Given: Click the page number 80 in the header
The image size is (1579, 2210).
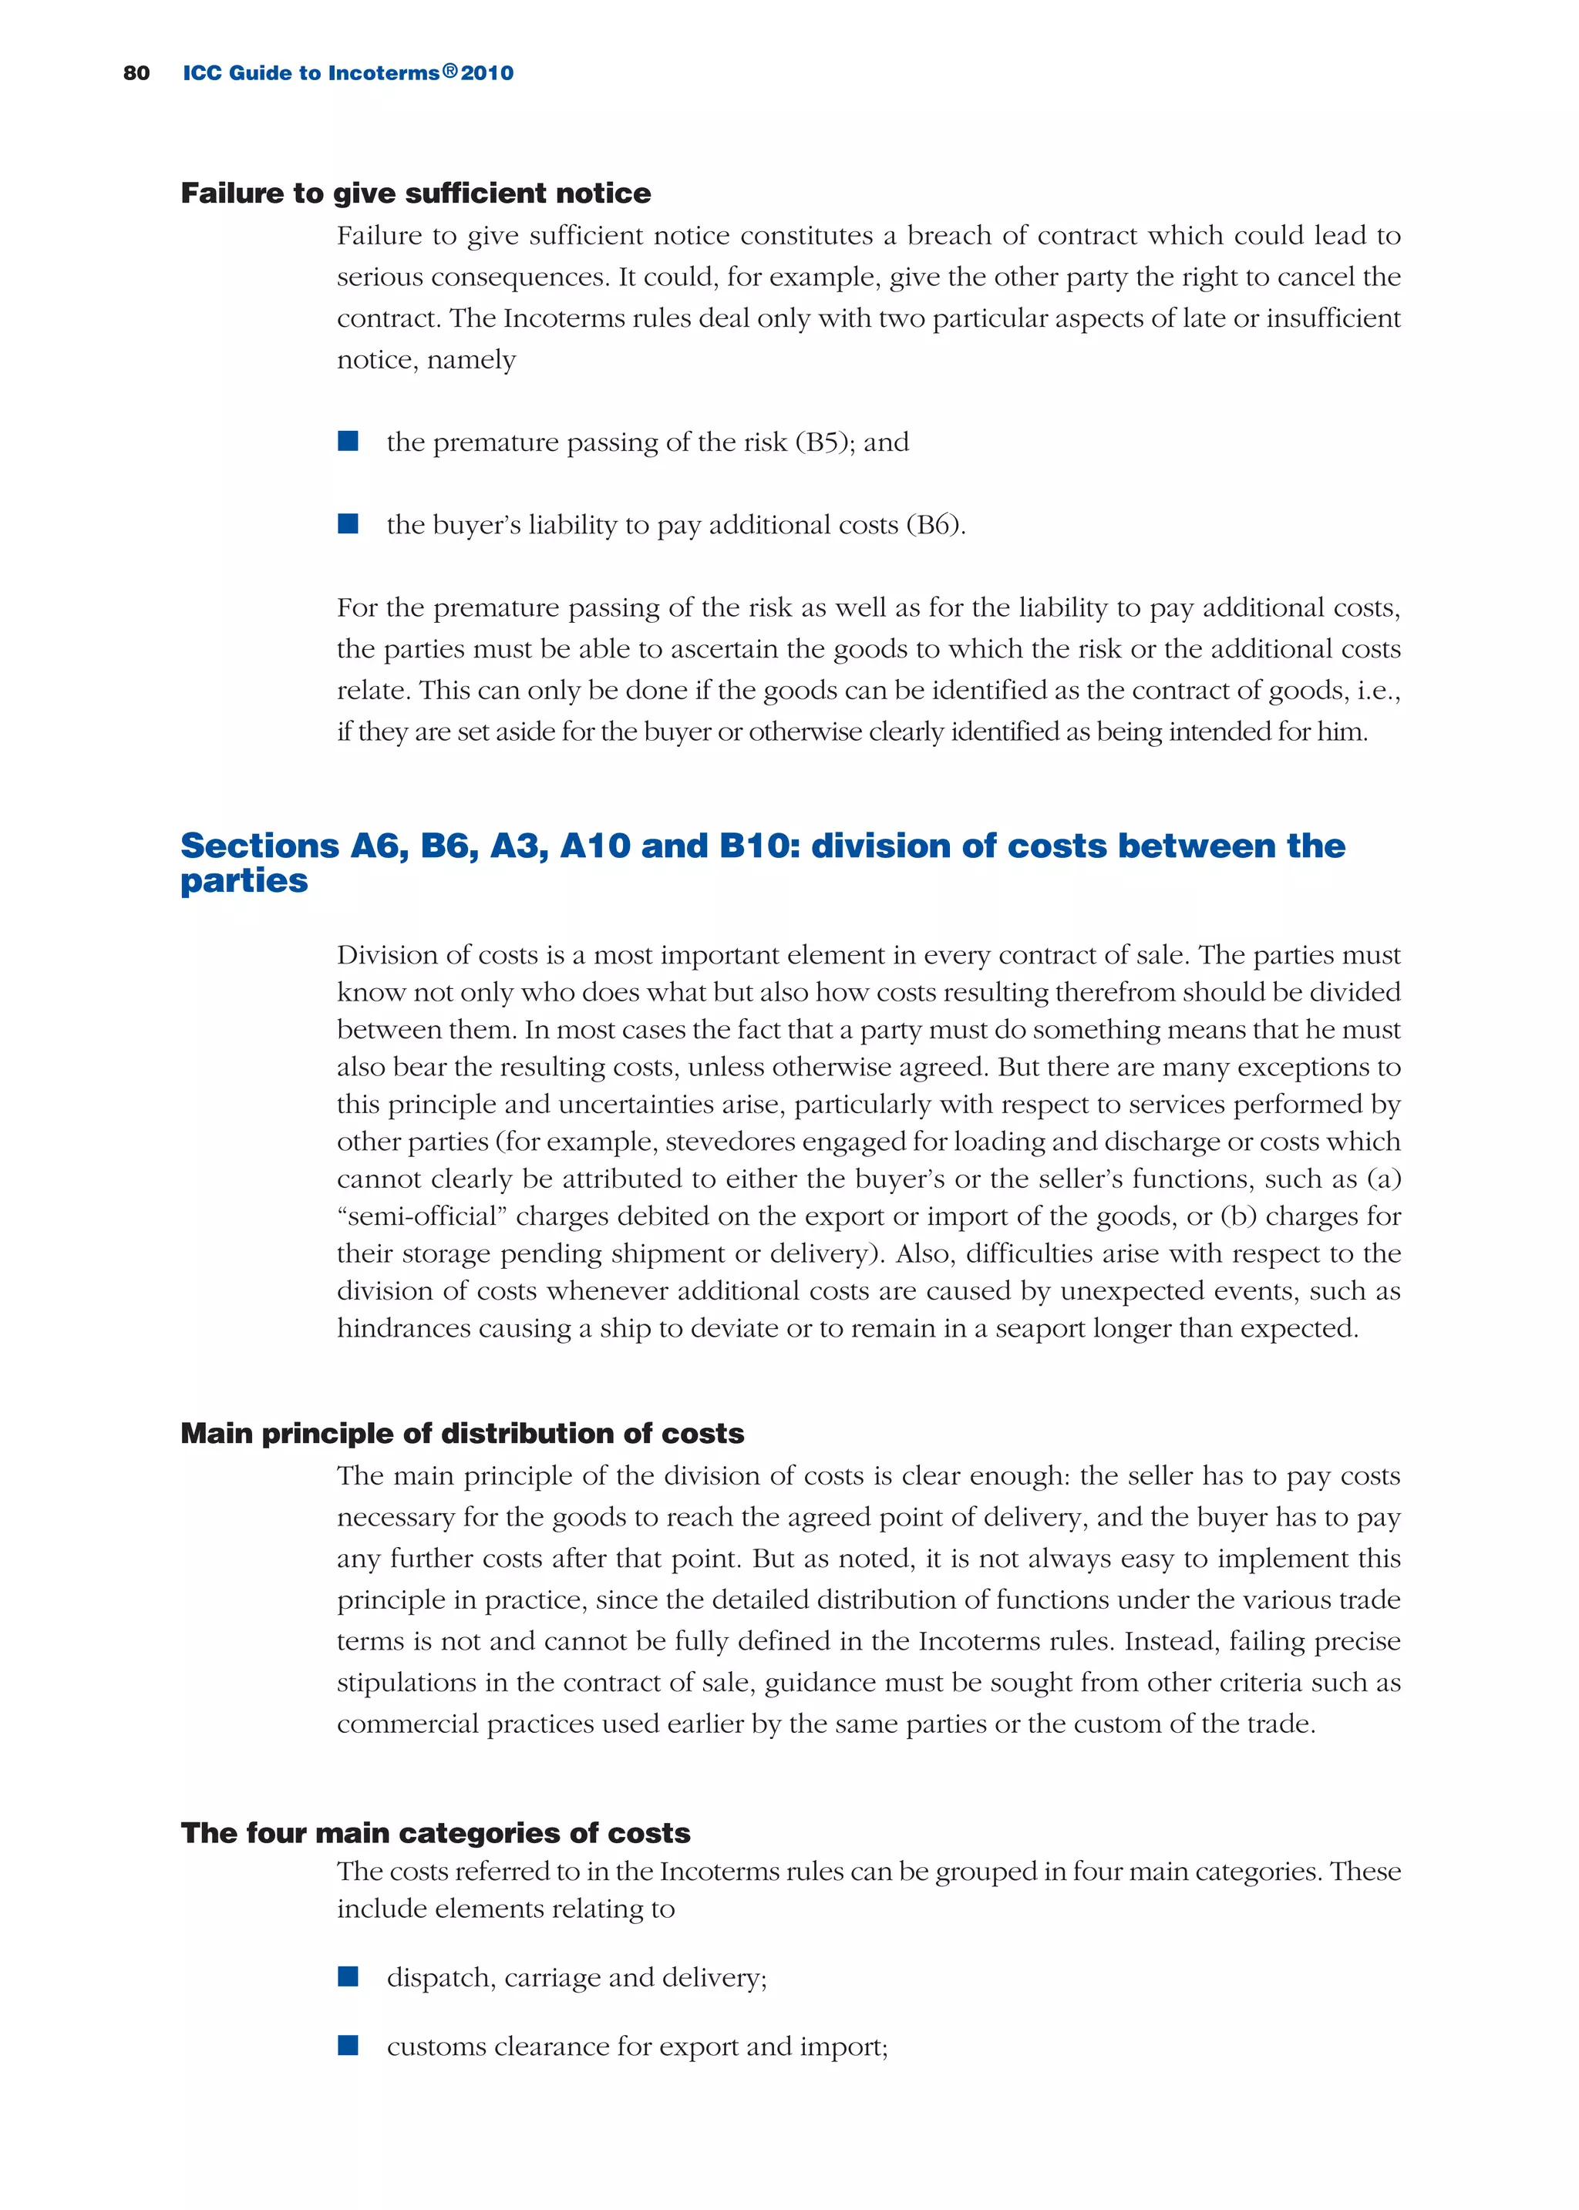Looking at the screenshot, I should (136, 73).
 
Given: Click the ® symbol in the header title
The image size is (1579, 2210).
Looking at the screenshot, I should (450, 71).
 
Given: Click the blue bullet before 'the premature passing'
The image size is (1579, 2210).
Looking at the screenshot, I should (348, 441).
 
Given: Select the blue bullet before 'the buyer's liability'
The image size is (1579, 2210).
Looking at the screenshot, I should (348, 524).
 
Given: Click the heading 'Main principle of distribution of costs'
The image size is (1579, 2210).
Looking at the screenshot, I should (462, 1434).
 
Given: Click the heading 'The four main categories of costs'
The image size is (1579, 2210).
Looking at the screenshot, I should (435, 1833).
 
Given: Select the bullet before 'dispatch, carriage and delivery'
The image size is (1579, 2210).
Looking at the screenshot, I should (348, 1976).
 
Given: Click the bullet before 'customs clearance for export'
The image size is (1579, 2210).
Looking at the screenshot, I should (348, 2046).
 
